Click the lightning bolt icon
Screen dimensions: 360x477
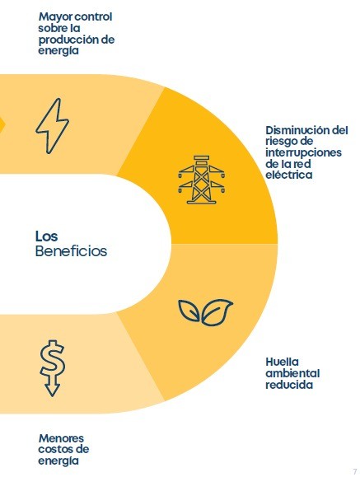[x=53, y=126]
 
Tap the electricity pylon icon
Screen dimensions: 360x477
[x=202, y=180]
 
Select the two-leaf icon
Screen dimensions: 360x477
[x=205, y=312]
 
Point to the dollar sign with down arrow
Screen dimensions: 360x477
[x=53, y=369]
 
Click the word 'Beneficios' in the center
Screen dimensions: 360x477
[x=71, y=251]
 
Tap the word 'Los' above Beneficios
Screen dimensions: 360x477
[x=46, y=236]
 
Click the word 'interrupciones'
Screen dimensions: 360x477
[x=304, y=152]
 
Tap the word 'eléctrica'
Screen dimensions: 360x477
[x=289, y=175]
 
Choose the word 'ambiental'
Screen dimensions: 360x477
[x=292, y=373]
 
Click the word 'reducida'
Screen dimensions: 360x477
[x=289, y=385]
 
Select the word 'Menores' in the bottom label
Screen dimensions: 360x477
[x=61, y=438]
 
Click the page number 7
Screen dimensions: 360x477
[x=355, y=471]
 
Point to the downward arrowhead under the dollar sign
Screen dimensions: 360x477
[x=53, y=390]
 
